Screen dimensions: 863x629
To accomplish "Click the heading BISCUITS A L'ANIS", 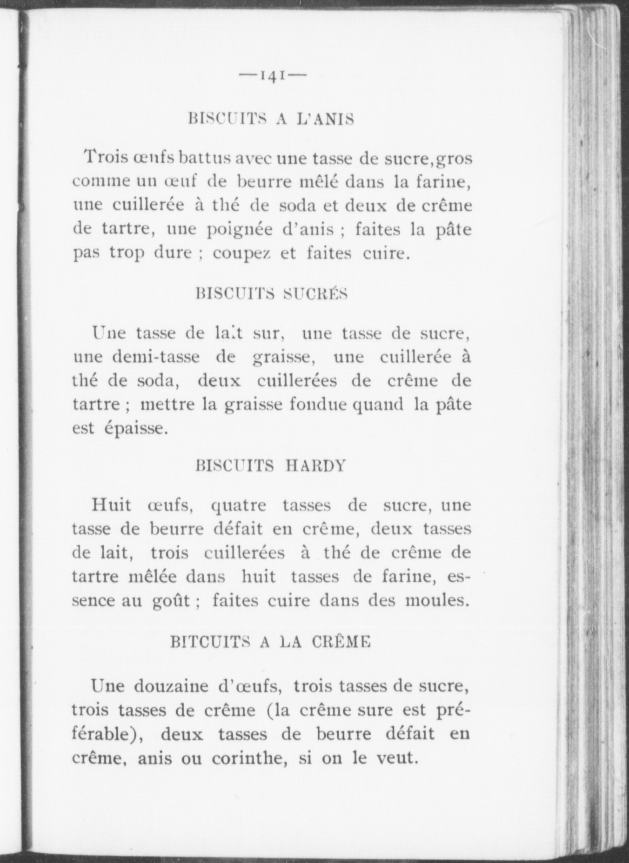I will click(271, 119).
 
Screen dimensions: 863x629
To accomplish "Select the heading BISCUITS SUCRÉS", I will click(272, 294).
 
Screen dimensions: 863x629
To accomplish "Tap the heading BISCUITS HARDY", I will click(271, 465).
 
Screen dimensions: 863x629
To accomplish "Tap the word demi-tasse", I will click(156, 357).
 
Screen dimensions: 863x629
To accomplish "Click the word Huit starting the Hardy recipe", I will click(111, 505).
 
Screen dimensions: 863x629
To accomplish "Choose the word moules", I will click(435, 600).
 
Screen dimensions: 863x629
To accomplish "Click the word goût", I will click(171, 601).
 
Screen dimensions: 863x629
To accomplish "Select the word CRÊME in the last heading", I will click(341, 642).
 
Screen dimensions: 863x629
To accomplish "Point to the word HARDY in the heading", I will click(315, 465).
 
